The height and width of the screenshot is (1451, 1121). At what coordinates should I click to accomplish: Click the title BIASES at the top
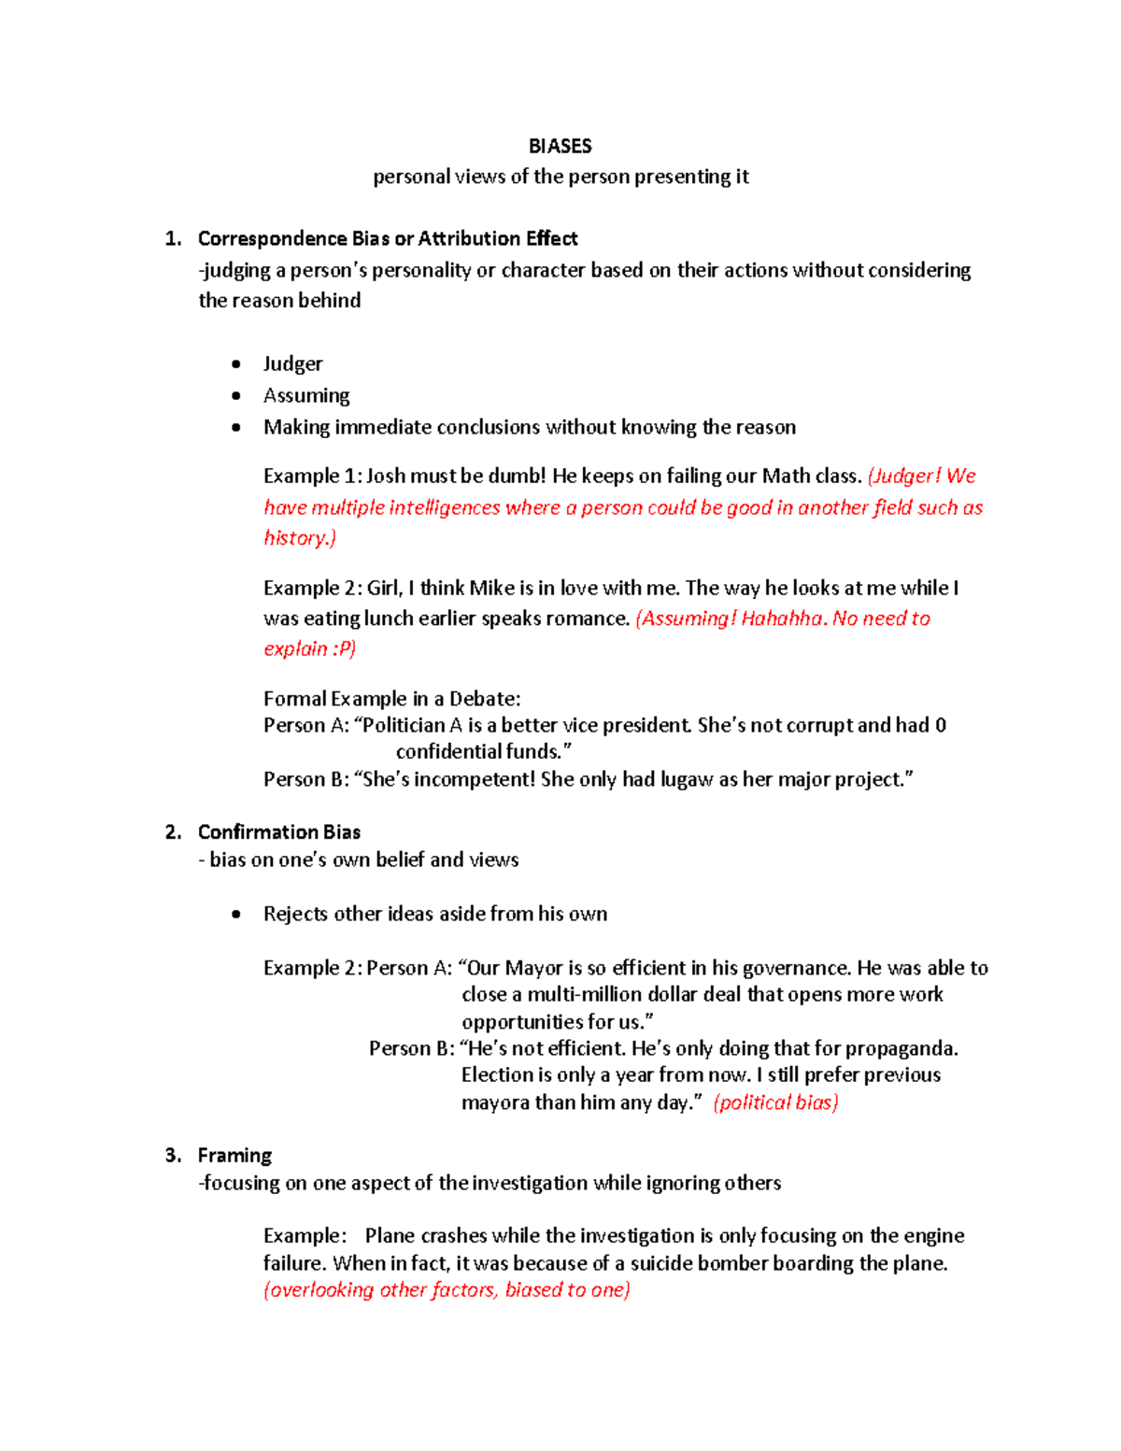point(560,146)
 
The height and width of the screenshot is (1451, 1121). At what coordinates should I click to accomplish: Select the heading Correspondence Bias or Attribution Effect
point(388,238)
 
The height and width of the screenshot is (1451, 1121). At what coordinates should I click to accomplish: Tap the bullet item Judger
point(292,363)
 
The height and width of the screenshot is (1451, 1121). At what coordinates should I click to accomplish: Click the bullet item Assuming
point(306,395)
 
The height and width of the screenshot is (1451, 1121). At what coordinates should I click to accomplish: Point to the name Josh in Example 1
point(385,476)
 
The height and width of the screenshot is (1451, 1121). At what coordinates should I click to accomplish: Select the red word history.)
point(300,538)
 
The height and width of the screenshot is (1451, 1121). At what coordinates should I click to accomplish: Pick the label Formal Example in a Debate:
point(392,699)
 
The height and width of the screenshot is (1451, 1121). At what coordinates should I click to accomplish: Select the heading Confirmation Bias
point(279,832)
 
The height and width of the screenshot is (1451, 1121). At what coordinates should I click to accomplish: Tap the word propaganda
point(902,1048)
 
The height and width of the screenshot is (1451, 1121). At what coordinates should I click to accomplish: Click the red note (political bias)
point(775,1102)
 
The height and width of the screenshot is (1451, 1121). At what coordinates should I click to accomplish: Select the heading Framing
point(234,1155)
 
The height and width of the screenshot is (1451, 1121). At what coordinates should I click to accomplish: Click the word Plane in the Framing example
point(390,1235)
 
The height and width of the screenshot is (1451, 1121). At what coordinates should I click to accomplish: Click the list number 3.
point(172,1155)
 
